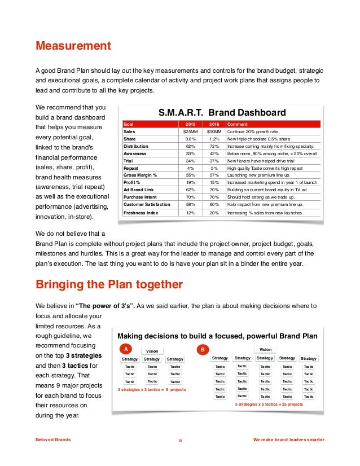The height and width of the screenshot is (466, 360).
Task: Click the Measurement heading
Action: coord(73,45)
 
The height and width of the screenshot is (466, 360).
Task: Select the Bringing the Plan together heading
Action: coord(108,283)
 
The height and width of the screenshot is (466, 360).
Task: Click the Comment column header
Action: coord(238,124)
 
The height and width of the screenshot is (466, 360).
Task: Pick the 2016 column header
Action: coord(214,124)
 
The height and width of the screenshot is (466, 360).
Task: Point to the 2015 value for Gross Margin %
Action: coord(191,175)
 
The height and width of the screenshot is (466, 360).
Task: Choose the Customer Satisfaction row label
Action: coord(147,204)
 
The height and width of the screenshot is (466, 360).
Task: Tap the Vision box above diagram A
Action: coord(152,351)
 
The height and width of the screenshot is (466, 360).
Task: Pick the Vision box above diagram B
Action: coord(265,349)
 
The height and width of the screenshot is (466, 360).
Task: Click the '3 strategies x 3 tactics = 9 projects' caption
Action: coord(151,390)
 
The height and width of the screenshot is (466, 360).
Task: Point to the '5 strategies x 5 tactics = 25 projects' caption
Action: coord(269,404)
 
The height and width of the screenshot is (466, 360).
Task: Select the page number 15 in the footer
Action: coord(179,441)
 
